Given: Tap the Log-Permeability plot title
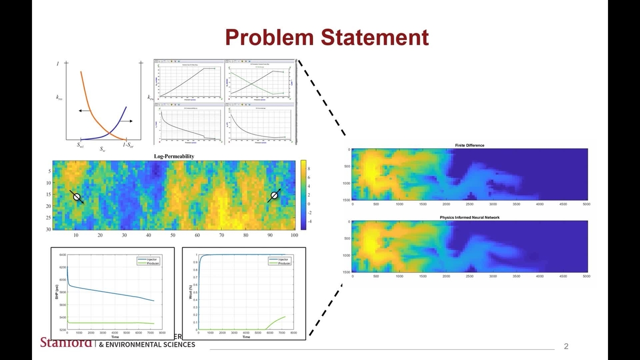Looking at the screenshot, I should (x=174, y=156).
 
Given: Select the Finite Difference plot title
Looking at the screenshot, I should (x=469, y=145).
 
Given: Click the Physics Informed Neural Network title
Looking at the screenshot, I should (x=469, y=218).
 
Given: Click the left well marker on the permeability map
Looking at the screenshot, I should (x=77, y=197).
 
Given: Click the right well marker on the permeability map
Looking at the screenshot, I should (x=274, y=195).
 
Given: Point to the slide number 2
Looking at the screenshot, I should (x=566, y=347).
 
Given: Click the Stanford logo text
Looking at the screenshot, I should (x=66, y=342).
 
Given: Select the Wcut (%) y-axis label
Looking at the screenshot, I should (x=189, y=292).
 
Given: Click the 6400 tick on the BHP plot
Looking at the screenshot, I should (x=62, y=255).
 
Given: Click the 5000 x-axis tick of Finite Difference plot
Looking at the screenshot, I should (x=586, y=204).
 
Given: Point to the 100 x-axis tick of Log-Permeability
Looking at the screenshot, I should (x=294, y=235).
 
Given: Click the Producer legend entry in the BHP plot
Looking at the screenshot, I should (x=151, y=263).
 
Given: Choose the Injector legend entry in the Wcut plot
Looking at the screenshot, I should (x=283, y=259).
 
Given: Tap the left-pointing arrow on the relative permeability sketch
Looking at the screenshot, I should (x=83, y=110).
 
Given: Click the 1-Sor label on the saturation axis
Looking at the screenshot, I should (x=128, y=145).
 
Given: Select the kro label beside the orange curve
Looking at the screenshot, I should (x=59, y=98).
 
